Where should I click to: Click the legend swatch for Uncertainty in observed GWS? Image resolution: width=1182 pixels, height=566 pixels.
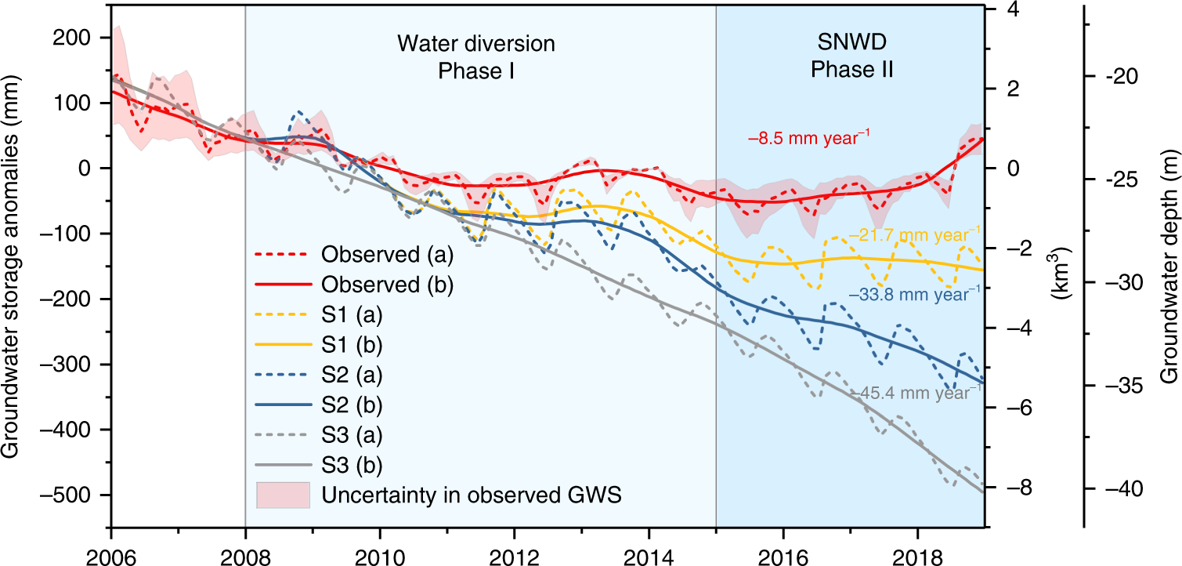click(283, 495)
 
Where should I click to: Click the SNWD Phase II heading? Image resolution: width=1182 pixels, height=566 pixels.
click(852, 57)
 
